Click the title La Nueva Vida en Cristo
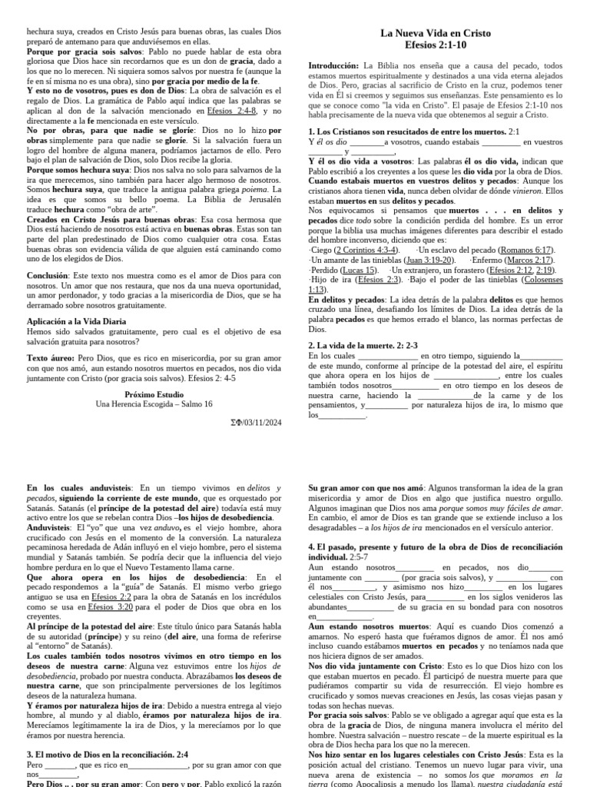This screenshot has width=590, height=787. pyautogui.click(x=436, y=33)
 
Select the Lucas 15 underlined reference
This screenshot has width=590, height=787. pyautogui.click(x=360, y=271)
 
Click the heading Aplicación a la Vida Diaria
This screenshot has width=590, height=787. pyautogui.click(x=78, y=320)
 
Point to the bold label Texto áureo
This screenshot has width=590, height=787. pyautogui.click(x=50, y=357)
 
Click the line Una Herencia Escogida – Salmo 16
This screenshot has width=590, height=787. pyautogui.click(x=154, y=403)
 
